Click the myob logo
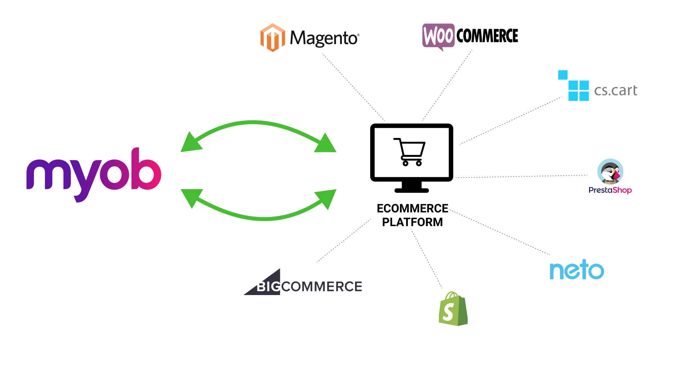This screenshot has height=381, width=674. tap(94, 173)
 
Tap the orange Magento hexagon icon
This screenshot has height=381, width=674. tap(272, 38)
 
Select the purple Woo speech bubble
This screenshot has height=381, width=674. tap(438, 36)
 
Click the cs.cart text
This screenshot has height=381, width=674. tap(615, 91)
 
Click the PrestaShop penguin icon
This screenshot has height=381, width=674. tap(610, 172)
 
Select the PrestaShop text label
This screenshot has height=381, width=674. tap(610, 190)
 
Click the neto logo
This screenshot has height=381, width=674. tap(577, 270)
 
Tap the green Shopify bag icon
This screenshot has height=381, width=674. tap(453, 309)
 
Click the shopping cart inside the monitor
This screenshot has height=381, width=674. tap(410, 152)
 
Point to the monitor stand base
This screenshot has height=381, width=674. tap(411, 190)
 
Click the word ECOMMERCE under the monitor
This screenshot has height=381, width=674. tap(412, 208)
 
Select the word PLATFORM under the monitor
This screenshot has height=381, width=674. tap(412, 222)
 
